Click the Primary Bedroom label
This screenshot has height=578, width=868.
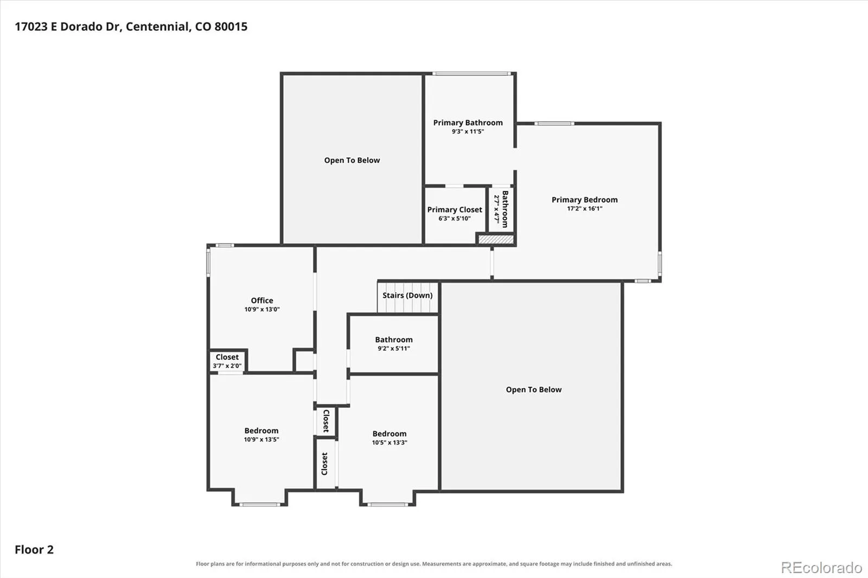click(x=584, y=200)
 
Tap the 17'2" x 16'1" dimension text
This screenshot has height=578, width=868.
click(x=584, y=208)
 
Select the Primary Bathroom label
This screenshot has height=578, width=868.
click(x=468, y=123)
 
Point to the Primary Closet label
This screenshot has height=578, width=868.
click(x=455, y=210)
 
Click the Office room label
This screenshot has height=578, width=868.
click(x=262, y=300)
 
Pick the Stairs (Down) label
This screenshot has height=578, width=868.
click(x=407, y=295)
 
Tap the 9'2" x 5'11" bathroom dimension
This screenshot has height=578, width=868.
click(x=394, y=348)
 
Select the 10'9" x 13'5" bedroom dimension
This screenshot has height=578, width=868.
click(x=261, y=439)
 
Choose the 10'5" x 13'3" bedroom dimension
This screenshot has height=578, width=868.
click(x=390, y=442)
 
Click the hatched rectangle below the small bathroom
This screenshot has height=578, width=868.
click(x=496, y=240)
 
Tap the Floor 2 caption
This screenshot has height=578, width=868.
click(x=34, y=550)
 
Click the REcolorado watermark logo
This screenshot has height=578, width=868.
click(x=821, y=568)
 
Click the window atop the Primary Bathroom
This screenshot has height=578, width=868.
click(x=471, y=74)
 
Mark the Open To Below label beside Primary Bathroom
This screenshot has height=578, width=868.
click(x=352, y=160)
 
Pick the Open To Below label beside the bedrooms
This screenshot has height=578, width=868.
click(x=534, y=390)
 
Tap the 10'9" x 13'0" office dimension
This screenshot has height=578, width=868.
click(x=262, y=309)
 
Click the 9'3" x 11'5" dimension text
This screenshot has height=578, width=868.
click(x=468, y=131)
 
